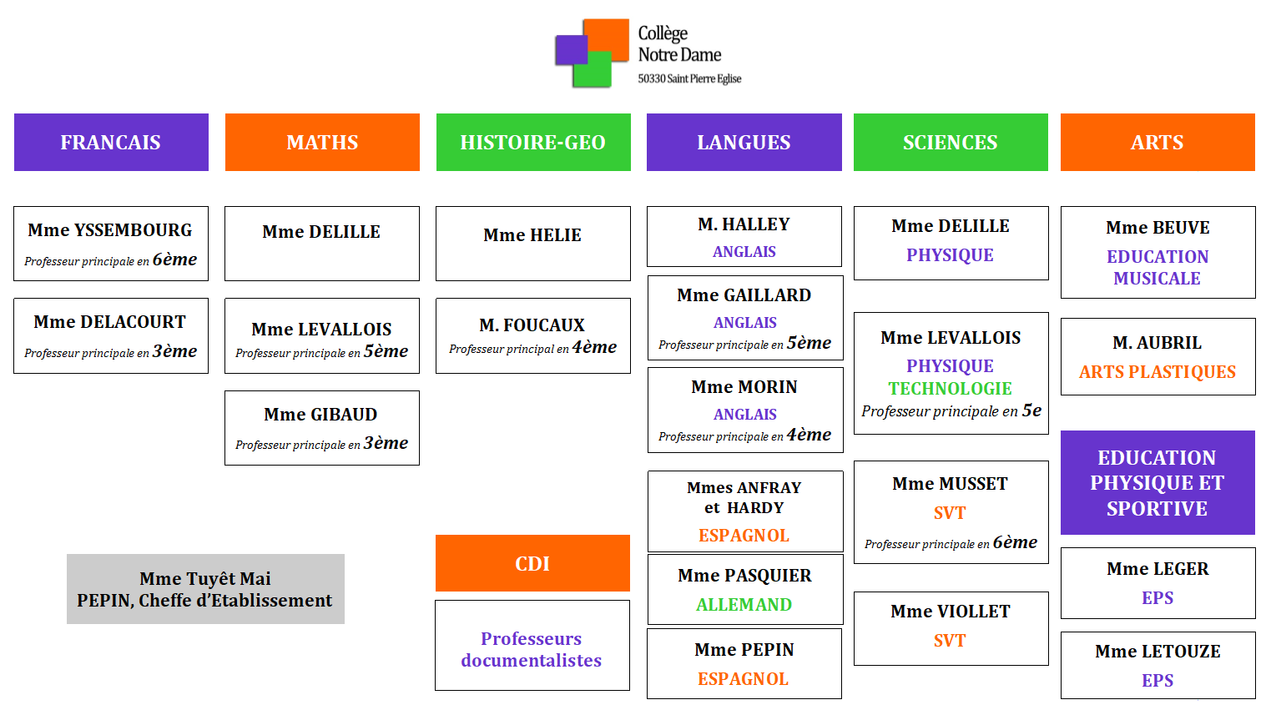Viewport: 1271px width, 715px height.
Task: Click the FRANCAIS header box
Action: [111, 143]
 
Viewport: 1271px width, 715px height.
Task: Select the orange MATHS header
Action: [322, 143]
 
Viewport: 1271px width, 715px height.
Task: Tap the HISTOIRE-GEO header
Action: [533, 143]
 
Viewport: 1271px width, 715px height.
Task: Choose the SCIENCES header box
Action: [951, 143]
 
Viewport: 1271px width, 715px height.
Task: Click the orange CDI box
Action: [532, 564]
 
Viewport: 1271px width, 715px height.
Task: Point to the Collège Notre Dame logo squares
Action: [592, 53]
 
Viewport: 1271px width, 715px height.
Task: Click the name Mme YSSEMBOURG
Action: [110, 230]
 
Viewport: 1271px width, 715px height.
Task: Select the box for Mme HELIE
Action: [533, 243]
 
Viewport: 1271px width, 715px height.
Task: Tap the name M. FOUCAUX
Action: [532, 325]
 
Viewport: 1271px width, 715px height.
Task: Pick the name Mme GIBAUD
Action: [321, 415]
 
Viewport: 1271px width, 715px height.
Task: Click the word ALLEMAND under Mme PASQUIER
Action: [744, 605]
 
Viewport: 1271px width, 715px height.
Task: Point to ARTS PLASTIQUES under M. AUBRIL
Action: [1158, 372]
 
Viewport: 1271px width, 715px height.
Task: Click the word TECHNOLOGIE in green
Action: [951, 389]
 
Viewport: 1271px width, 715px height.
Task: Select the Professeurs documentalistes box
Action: [532, 649]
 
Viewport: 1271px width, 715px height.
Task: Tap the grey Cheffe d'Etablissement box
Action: [205, 589]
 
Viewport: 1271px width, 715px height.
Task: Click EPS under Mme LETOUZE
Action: [1158, 681]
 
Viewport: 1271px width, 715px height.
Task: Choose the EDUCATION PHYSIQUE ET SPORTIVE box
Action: [1158, 483]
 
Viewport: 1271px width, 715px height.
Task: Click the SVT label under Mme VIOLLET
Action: [950, 641]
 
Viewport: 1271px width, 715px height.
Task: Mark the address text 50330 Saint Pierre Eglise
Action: [689, 79]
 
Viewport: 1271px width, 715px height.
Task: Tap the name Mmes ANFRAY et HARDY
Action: [744, 497]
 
